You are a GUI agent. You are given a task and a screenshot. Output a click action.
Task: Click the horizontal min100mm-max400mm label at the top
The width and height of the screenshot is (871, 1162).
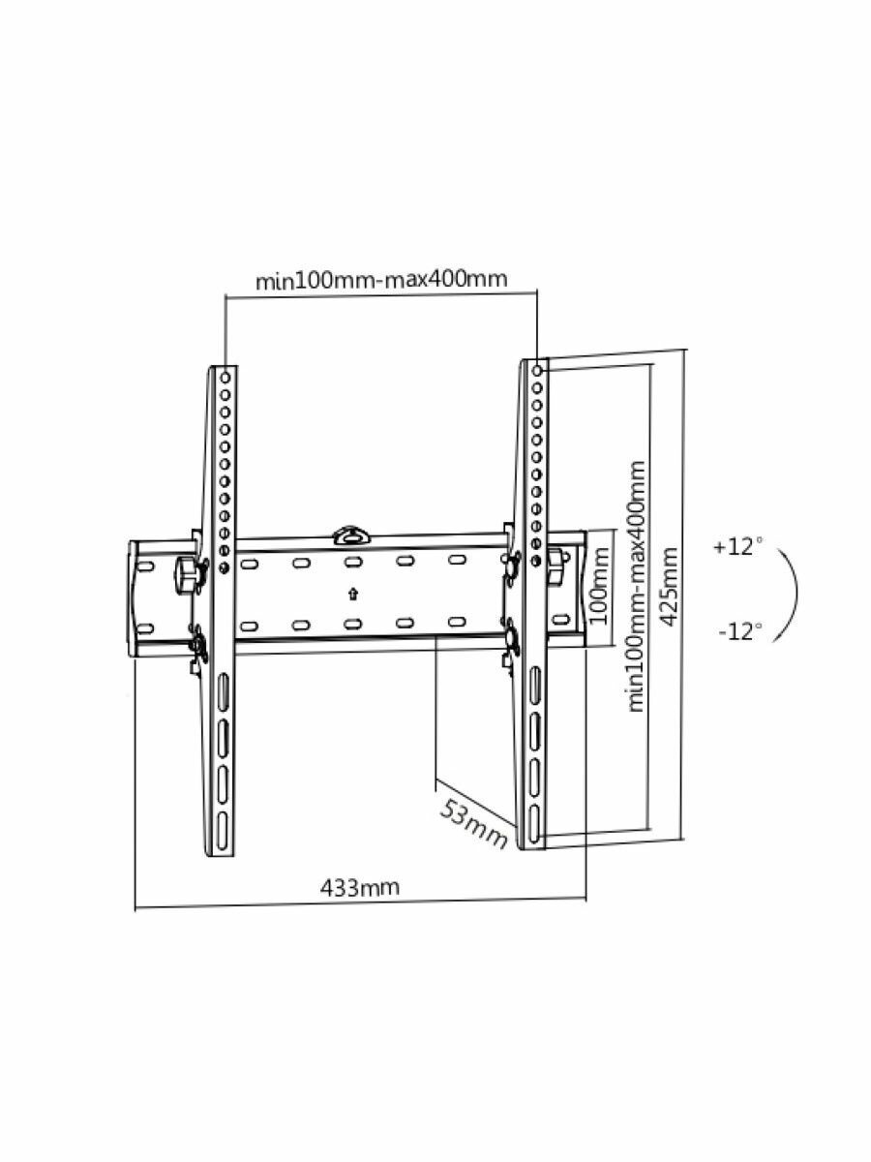[380, 281]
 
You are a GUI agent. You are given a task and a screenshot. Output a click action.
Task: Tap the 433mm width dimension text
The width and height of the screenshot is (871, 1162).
[359, 887]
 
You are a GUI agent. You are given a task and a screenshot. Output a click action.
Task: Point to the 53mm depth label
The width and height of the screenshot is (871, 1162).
[474, 822]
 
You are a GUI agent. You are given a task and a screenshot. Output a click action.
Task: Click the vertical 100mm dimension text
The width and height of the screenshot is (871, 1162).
[601, 587]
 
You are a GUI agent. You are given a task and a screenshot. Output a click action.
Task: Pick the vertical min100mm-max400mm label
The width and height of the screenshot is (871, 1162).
[636, 585]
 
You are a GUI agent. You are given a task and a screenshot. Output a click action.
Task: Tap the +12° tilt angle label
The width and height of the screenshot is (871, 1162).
[737, 547]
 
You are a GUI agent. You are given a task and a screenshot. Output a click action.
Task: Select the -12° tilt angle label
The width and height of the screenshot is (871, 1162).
[739, 631]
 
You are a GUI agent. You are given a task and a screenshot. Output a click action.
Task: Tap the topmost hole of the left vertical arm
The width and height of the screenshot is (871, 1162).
[225, 375]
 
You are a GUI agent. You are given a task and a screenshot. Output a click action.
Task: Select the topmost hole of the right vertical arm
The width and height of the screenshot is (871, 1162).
[538, 369]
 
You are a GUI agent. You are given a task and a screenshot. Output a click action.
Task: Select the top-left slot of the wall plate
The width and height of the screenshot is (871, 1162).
[251, 563]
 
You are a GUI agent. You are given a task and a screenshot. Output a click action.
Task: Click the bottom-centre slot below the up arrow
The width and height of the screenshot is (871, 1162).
[352, 623]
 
